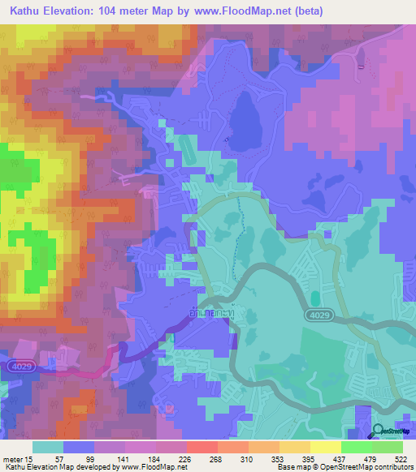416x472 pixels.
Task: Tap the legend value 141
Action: [125, 459]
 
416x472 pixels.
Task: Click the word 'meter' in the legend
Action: [11, 459]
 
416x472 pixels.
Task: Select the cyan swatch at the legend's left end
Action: [48, 447]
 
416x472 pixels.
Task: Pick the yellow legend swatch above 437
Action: [326, 447]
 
